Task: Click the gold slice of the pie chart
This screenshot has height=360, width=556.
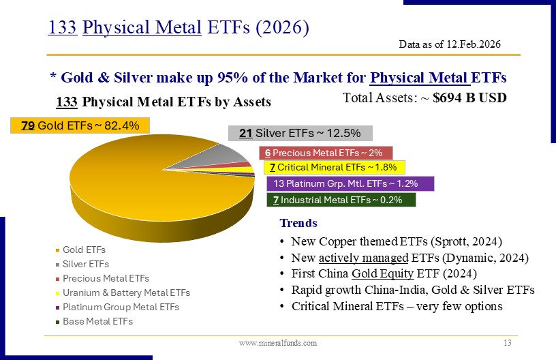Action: [136, 177]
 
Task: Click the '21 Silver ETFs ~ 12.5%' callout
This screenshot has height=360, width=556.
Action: [299, 133]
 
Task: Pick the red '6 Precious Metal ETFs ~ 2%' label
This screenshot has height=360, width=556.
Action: [325, 152]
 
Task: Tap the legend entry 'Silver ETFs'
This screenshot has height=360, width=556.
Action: [85, 264]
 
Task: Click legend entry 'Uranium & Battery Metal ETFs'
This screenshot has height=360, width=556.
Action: [126, 292]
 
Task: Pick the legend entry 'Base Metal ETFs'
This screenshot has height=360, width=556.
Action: [97, 320]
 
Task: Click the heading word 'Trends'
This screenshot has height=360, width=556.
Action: [298, 223]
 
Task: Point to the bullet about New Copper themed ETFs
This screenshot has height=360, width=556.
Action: [396, 241]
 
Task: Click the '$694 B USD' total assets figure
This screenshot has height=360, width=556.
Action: [469, 97]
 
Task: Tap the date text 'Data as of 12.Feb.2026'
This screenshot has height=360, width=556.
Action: [450, 44]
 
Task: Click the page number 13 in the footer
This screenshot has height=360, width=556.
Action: [506, 342]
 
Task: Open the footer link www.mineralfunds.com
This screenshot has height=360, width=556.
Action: [278, 343]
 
